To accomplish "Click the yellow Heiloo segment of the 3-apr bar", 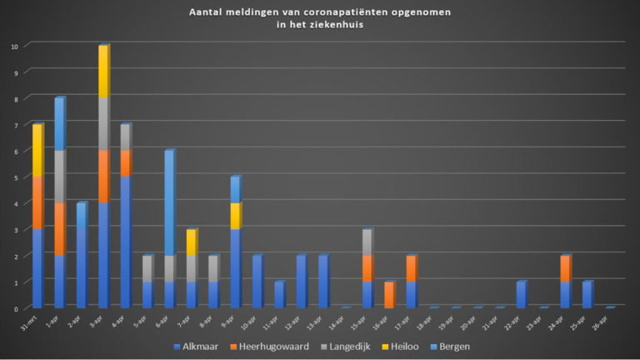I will click(103, 72).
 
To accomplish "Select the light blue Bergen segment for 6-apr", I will click(169, 202).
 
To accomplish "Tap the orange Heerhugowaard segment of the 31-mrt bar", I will click(37, 202).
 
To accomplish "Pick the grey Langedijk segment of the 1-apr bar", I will click(59, 177).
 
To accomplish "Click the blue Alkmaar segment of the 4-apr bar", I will click(125, 242).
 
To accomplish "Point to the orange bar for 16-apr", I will click(389, 295).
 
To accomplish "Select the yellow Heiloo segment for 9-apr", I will click(235, 216).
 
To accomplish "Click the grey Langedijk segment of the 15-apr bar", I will click(367, 242).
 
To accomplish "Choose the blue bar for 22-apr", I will click(521, 295).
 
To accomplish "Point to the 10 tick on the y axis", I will click(13, 47).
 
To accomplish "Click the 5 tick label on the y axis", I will click(15, 177).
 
